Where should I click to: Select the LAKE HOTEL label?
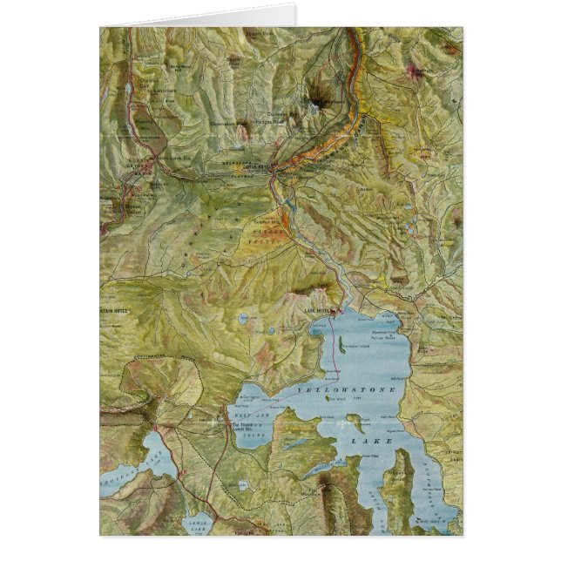tap(321, 310)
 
